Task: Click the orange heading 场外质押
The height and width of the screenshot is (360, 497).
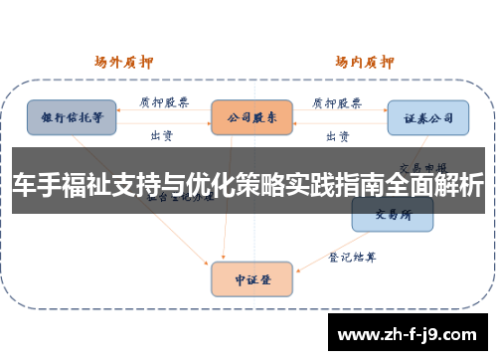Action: coord(125,61)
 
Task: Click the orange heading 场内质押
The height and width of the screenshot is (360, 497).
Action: coord(364,61)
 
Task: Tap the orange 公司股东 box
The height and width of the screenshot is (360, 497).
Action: coord(251,116)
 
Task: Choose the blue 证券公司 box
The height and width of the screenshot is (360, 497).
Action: coord(427,117)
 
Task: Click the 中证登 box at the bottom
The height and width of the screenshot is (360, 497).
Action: coord(251,278)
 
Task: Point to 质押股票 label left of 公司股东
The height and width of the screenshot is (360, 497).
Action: coord(164,100)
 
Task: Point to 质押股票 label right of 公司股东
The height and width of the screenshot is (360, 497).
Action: coord(338,100)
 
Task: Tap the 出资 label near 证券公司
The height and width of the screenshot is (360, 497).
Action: coord(337,134)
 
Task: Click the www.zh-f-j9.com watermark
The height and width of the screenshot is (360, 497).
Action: coord(408,333)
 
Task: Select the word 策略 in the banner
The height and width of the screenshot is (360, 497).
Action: coord(275,188)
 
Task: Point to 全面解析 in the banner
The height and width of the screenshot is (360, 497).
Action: coord(451,188)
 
